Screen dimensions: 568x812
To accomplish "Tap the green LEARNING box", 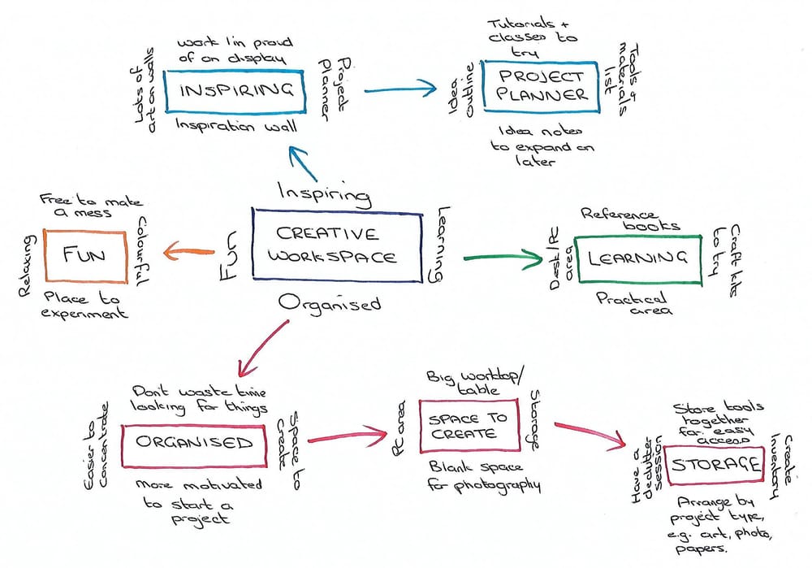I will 637,259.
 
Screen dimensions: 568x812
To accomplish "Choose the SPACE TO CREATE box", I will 468,425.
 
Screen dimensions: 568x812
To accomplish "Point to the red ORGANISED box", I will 194,444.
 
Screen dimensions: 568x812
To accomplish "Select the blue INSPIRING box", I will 234,91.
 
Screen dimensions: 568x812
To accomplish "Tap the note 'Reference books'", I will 630,218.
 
